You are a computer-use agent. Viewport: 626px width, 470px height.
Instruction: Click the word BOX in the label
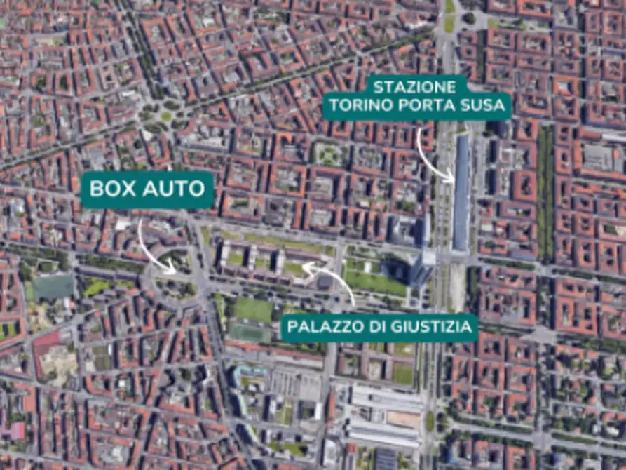(x=113, y=188)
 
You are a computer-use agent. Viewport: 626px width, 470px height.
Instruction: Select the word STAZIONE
(x=414, y=87)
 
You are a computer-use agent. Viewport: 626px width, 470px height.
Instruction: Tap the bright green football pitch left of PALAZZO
(x=252, y=309)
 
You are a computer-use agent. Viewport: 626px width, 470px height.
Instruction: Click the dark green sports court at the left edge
(x=53, y=286)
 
